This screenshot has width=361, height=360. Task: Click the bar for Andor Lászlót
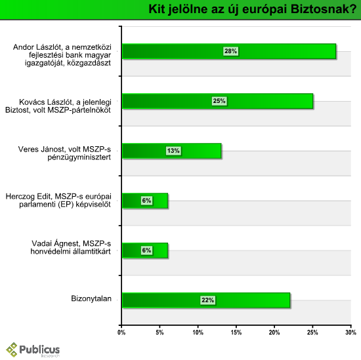[x=229, y=51]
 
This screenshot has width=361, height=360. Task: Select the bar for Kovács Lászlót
[x=217, y=101]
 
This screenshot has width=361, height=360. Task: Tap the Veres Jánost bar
[x=172, y=151]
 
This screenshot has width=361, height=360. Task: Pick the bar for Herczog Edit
[x=145, y=201]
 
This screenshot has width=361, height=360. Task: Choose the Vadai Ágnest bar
[x=145, y=250]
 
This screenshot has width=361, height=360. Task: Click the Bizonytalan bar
[x=206, y=300]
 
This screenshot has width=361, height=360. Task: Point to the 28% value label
[x=230, y=51]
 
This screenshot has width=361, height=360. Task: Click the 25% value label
[x=219, y=101]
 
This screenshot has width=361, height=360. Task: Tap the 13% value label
[x=173, y=151]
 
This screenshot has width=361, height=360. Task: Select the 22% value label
[x=208, y=300]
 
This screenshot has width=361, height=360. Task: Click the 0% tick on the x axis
[x=121, y=332]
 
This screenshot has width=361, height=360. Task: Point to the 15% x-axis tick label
[x=236, y=332]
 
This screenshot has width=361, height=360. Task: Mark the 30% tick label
[x=350, y=332]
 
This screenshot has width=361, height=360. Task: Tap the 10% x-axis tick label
[x=198, y=332]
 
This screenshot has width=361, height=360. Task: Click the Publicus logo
[x=33, y=350]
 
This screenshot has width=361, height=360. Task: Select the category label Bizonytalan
[x=91, y=298]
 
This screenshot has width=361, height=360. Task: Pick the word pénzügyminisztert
[x=79, y=157]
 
